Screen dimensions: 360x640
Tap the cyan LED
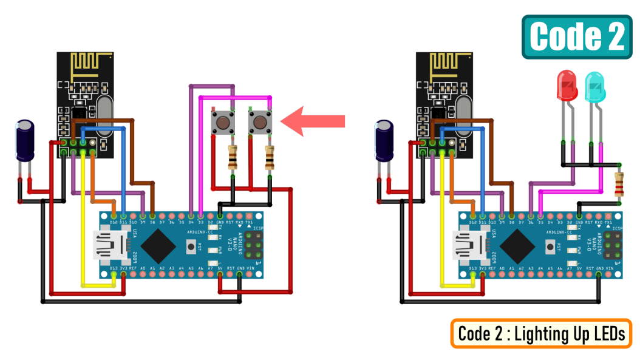click(595, 87)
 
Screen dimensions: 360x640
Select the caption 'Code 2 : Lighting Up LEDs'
click(541, 333)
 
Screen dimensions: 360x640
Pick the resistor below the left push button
click(233, 158)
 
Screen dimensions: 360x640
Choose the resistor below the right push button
click(270, 158)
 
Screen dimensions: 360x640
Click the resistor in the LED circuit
click(619, 184)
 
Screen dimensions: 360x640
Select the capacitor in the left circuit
click(25, 140)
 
